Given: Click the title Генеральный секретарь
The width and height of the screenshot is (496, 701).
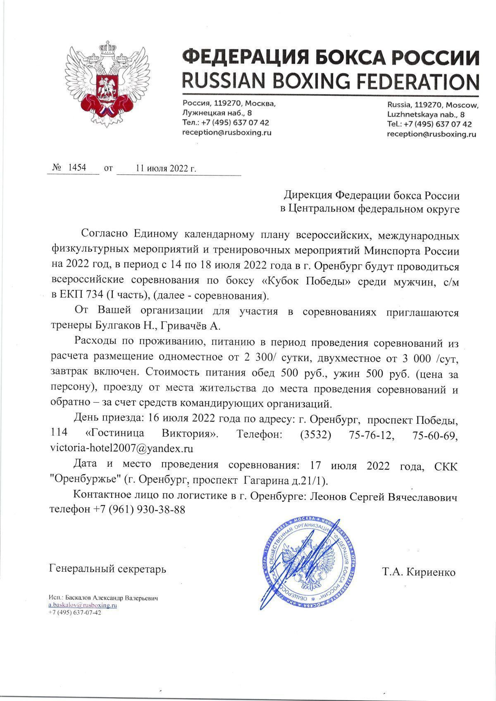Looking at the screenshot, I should pos(107,569).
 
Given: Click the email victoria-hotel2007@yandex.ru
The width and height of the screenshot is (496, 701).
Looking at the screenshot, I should pos(122,448).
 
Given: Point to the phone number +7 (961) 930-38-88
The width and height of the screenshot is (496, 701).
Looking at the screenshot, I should pos(139,509).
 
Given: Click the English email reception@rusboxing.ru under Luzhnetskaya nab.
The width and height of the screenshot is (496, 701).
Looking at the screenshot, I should pos(432,134).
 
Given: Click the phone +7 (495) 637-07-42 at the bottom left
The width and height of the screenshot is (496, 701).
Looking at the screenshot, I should pos(75,613).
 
